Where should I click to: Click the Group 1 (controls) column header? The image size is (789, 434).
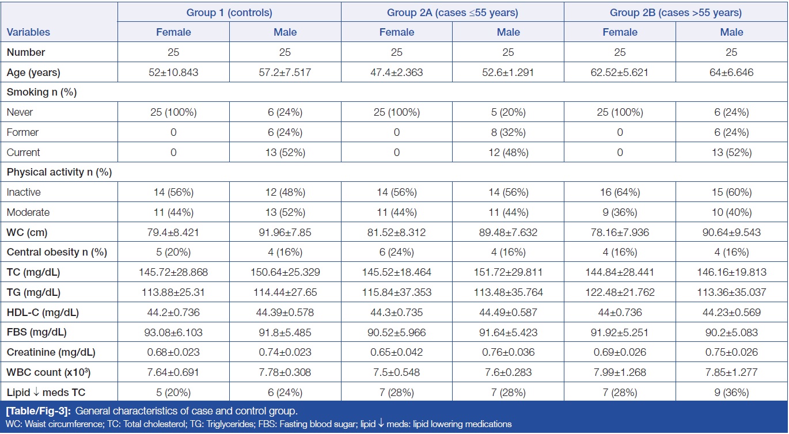tap(229, 12)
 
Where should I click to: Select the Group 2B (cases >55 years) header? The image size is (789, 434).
tap(676, 12)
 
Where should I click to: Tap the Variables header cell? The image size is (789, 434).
tap(29, 32)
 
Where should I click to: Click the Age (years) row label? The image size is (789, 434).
tap(33, 73)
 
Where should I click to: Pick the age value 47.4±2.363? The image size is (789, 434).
tap(397, 73)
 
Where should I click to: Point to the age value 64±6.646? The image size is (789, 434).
tap(731, 73)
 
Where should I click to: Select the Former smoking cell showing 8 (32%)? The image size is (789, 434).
tap(508, 132)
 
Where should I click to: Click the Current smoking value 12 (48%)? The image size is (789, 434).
tap(508, 152)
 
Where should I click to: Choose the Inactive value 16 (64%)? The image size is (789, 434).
tap(620, 192)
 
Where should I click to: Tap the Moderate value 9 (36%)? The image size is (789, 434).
tap(620, 212)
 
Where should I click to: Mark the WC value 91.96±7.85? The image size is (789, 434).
tap(285, 232)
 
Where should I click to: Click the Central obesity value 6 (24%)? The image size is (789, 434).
tap(397, 252)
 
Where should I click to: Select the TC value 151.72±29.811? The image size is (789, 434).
tap(508, 272)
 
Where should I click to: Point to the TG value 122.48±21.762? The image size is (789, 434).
tap(620, 292)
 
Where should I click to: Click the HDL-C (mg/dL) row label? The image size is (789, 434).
tap(43, 313)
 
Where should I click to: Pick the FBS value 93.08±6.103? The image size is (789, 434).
tap(173, 332)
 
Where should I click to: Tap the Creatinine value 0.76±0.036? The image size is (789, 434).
tap(508, 352)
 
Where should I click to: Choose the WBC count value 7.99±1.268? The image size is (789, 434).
tap(620, 372)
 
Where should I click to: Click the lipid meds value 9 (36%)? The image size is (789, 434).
tap(731, 393)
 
